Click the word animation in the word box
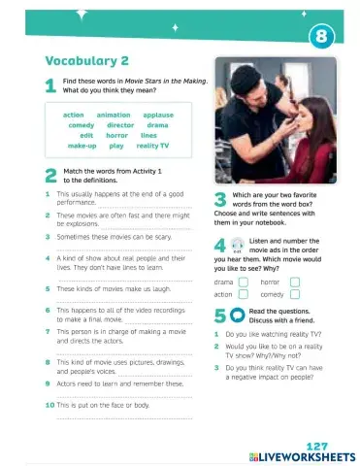coord(115,115)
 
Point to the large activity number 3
coord(219,200)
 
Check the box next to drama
coord(244,282)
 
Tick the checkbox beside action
coord(244,294)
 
